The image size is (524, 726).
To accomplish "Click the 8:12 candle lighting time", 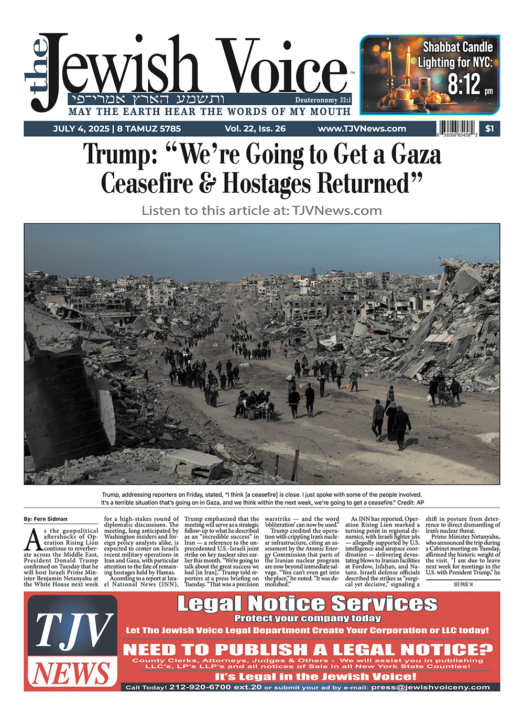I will tap(464, 84).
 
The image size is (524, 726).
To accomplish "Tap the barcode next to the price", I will tap(457, 128).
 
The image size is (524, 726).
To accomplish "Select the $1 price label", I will tap(489, 128).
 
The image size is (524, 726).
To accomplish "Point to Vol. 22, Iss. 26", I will tap(255, 128).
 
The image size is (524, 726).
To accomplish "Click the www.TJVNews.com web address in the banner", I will tap(362, 128).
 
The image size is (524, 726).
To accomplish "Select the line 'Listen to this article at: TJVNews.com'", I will tap(261, 211).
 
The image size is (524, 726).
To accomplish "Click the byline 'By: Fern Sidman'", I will tap(46, 519).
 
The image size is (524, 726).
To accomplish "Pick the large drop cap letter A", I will tap(33, 540).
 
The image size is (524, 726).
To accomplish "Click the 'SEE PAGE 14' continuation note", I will tap(463, 584).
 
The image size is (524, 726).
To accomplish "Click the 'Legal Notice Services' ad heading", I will tap(307, 604).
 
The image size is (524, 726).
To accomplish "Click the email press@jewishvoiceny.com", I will tap(430, 687).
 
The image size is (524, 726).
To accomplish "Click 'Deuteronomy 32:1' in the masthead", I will tap(323, 100).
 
